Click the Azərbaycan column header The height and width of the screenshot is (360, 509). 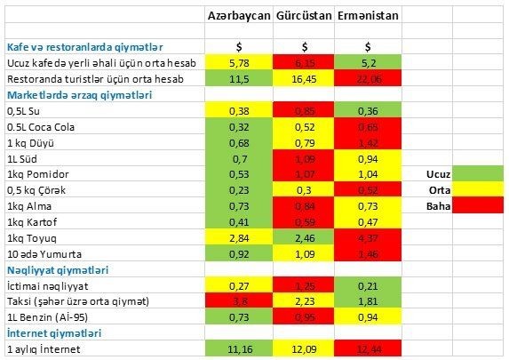click(x=238, y=17)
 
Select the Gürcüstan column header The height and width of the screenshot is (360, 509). click(x=304, y=17)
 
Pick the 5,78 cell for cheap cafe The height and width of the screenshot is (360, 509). click(x=238, y=63)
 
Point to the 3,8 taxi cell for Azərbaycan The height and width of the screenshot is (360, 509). click(x=238, y=301)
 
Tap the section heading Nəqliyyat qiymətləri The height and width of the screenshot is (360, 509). click(x=58, y=269)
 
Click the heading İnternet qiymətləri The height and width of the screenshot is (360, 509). click(x=52, y=332)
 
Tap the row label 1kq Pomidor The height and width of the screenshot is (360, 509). click(x=37, y=174)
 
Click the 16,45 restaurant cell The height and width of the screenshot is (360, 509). click(x=304, y=79)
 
